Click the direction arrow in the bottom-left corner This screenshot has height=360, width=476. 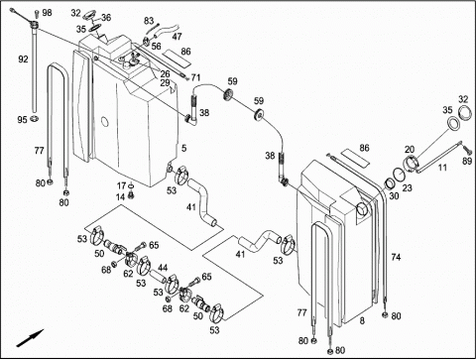30,338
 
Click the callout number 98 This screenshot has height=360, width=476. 47,13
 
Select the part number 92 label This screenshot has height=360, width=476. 23,60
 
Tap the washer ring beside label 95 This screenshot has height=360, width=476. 35,118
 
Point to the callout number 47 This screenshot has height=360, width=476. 177,37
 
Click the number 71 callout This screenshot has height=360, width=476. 195,77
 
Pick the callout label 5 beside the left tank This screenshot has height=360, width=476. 183,149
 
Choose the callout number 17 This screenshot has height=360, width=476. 121,185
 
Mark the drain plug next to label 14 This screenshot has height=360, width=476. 131,195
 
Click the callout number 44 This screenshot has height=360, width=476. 163,268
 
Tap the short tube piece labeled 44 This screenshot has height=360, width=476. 158,277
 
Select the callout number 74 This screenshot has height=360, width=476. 396,257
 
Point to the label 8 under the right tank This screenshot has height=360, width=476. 362,320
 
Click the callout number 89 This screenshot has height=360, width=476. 467,162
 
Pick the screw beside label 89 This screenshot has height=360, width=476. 467,148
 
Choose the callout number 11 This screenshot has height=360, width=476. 442,168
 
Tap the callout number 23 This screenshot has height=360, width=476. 408,187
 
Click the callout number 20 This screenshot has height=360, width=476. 410,150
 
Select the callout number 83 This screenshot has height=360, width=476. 149,21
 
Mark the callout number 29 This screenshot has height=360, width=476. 165,82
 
